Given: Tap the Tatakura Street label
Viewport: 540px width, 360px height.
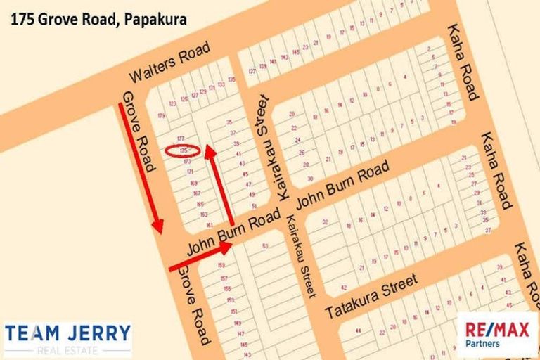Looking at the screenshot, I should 371,295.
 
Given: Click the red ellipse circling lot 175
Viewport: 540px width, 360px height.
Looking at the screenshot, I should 183,150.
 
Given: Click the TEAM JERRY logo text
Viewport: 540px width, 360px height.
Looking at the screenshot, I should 67,333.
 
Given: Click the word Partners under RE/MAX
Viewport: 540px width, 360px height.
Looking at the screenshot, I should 483,343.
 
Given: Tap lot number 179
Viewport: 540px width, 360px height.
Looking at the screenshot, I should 161,116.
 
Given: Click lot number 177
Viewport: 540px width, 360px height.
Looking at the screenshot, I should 181,139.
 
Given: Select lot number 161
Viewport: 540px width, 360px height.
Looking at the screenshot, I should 210,225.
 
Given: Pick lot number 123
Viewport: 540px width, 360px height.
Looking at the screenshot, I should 173,103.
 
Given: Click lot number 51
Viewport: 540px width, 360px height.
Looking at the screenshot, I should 253,206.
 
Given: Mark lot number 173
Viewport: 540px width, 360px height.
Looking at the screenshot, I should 186,161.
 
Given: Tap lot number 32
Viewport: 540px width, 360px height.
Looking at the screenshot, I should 326,222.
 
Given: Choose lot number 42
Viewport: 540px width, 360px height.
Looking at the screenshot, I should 343,287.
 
